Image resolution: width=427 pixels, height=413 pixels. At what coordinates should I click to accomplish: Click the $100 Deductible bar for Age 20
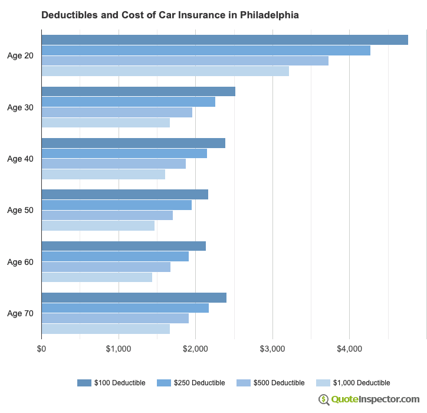225,40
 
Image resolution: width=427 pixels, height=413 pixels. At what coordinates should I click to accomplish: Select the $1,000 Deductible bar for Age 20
165,71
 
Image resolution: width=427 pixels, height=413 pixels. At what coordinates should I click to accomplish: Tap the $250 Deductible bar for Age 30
128,102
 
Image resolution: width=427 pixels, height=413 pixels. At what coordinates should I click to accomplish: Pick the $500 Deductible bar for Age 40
113,163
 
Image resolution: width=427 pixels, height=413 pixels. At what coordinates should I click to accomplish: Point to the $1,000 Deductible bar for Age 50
98,226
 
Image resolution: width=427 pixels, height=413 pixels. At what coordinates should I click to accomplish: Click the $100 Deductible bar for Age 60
123,246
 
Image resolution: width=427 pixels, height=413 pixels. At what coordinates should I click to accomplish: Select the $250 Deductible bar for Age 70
125,308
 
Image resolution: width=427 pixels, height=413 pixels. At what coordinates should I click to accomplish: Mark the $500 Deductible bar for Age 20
185,61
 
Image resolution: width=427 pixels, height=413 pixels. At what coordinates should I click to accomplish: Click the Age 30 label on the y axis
20,107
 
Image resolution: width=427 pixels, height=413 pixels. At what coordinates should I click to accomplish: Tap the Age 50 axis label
20,210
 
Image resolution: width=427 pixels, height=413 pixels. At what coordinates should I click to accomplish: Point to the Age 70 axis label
20,313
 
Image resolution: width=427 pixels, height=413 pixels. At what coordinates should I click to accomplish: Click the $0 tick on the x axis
41,349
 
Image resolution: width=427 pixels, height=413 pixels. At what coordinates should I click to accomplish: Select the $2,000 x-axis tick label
195,349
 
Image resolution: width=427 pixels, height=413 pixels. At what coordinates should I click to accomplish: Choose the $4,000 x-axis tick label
349,349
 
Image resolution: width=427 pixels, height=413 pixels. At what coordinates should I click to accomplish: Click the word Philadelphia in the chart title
269,14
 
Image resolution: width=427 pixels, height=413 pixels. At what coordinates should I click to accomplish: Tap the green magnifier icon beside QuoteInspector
324,399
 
